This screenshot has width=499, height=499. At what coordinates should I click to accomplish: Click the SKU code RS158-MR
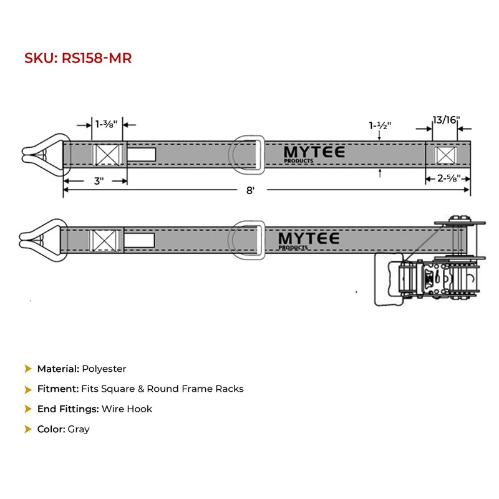pyautogui.click(x=97, y=58)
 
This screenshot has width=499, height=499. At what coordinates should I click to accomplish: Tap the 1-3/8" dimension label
pyautogui.click(x=106, y=124)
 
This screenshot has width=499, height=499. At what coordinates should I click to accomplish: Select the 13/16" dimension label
pyautogui.click(x=446, y=120)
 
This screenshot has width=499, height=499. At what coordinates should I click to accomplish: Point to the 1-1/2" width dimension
pyautogui.click(x=380, y=125)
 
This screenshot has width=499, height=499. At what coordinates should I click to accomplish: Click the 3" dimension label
pyautogui.click(x=99, y=181)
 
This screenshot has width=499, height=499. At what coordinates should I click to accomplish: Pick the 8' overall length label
pyautogui.click(x=251, y=190)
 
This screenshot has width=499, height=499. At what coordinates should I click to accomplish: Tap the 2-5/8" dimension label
pyautogui.click(x=448, y=178)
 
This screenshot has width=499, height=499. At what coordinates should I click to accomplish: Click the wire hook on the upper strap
pyautogui.click(x=46, y=155)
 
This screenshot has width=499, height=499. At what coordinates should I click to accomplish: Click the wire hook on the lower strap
pyautogui.click(x=44, y=240)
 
